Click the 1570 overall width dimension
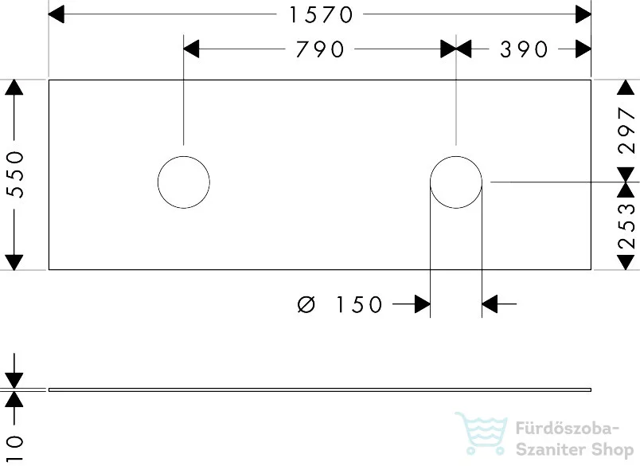pyautogui.click(x=321, y=14)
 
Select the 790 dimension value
pyautogui.click(x=320, y=49)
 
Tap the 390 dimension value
pyautogui.click(x=524, y=49)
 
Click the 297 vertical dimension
pyautogui.click(x=627, y=131)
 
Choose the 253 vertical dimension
pyautogui.click(x=627, y=226)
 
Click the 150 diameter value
pyautogui.click(x=359, y=304)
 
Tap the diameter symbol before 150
pyautogui.click(x=306, y=304)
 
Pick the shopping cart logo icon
pyautogui.click(x=482, y=433)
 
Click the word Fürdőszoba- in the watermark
pyautogui.click(x=567, y=429)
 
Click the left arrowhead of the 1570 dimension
pyautogui.click(x=57, y=14)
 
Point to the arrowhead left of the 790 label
pyautogui.click(x=191, y=49)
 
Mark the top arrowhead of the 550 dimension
pyautogui.click(x=14, y=87)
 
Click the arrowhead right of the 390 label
pyautogui.click(x=583, y=49)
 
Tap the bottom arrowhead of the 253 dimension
pyautogui.click(x=626, y=262)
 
